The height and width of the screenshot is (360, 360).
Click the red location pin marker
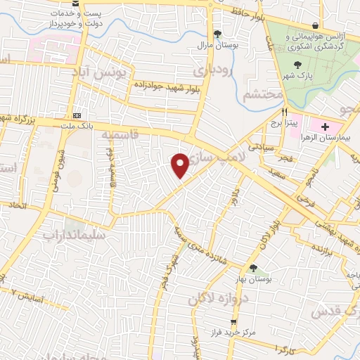(x=180, y=165)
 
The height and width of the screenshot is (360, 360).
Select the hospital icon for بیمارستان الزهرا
(x=324, y=127)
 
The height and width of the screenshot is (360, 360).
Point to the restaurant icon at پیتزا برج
(x=285, y=112)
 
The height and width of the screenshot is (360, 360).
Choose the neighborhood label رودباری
(x=211, y=71)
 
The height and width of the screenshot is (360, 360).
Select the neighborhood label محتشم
(x=262, y=94)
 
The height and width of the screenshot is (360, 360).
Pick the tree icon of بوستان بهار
(x=253, y=267)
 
